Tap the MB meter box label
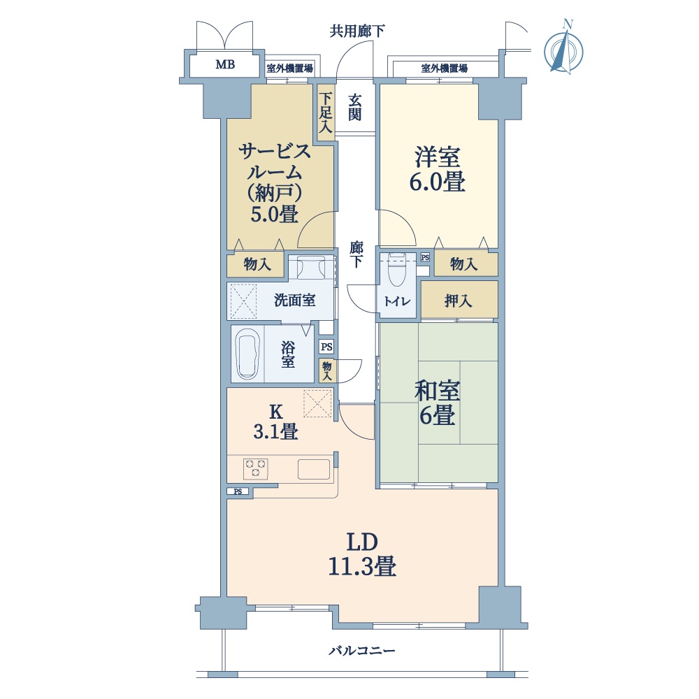(225, 64)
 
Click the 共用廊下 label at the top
(357, 31)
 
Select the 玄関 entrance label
(355, 108)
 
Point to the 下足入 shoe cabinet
(326, 113)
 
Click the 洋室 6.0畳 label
(438, 169)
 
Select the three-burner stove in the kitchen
(255, 468)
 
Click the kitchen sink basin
(314, 469)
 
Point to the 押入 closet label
(458, 301)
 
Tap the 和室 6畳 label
(437, 403)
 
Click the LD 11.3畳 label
(362, 554)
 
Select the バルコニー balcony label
(362, 651)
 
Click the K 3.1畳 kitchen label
(276, 421)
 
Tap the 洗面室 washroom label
(295, 300)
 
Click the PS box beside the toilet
(425, 257)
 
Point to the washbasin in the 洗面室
(311, 266)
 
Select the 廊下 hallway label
(356, 254)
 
